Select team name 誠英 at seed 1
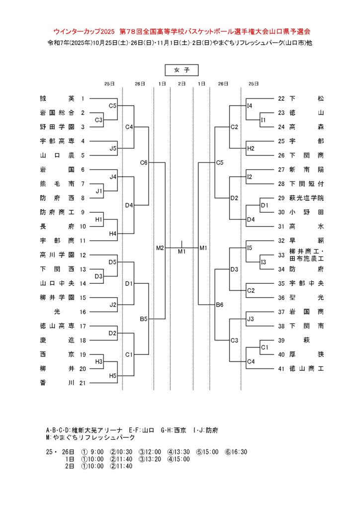57,98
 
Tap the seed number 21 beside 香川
83,383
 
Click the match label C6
144,163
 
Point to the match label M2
160,248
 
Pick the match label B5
144,319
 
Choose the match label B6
220,305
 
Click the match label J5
113,148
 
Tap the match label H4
113,234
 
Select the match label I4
250,106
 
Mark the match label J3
251,319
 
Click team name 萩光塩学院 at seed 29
307,198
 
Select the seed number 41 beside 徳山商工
281,369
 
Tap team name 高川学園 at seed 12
57,255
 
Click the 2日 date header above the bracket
181,84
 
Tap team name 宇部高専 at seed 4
57,141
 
